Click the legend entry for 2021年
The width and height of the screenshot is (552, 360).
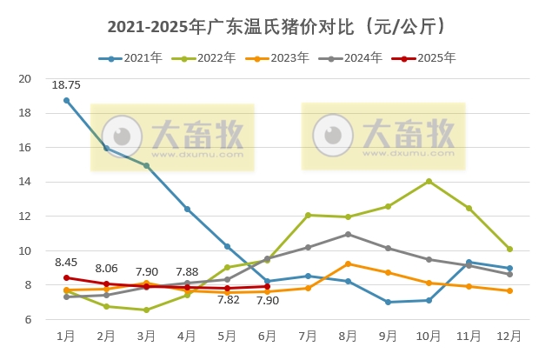130,58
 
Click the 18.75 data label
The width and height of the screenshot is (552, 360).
67,85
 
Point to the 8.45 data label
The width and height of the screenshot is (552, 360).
67,262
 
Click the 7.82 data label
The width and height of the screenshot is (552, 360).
228,301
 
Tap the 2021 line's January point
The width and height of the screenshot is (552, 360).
66,100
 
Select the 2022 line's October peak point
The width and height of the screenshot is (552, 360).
429,181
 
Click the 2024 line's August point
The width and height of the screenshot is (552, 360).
348,234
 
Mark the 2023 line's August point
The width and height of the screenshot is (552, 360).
348,263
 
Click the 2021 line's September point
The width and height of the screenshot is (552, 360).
388,302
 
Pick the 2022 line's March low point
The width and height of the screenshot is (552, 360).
147,310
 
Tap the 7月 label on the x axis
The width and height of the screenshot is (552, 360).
308,336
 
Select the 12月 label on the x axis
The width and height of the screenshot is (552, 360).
509,336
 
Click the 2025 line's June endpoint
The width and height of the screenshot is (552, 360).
268,286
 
